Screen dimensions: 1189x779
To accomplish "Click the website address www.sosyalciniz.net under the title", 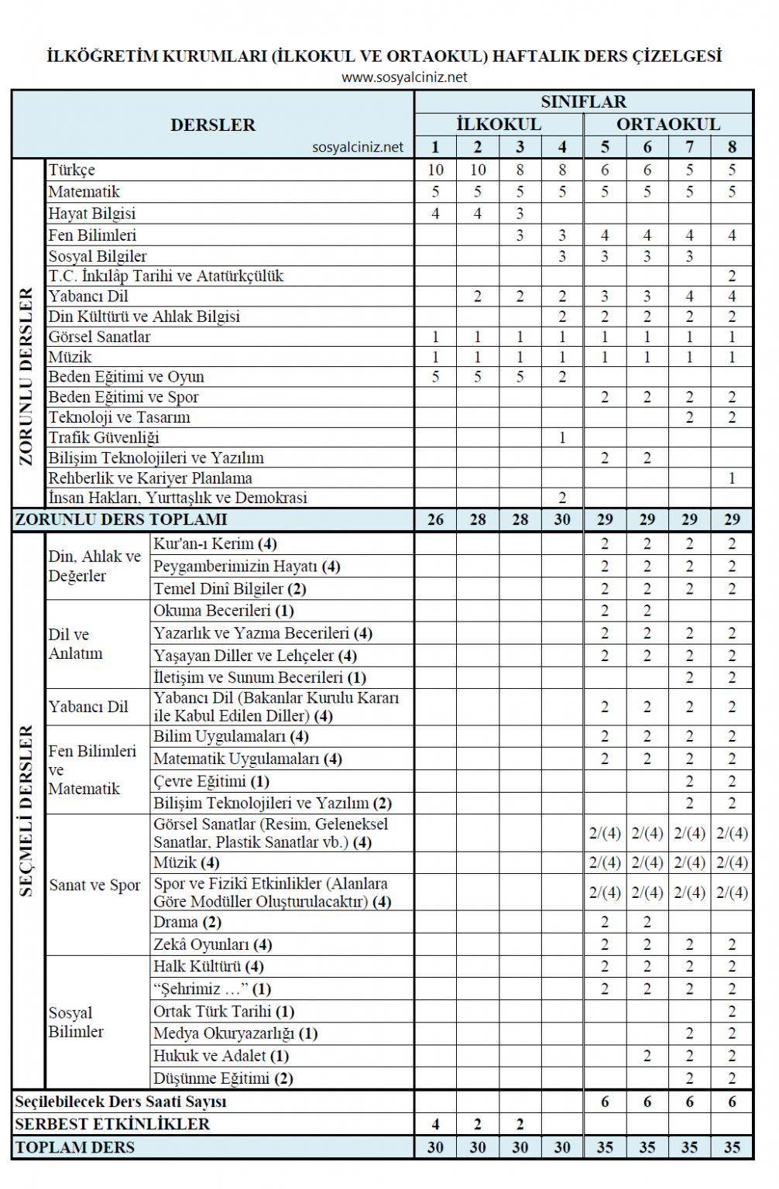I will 404,77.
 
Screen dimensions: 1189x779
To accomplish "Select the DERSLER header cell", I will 213,125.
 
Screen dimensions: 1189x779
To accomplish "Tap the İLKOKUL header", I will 499,125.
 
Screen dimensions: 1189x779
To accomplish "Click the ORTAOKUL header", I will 668,125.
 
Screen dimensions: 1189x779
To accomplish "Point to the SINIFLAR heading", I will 583,102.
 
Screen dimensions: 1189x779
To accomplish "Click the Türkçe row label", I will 72,170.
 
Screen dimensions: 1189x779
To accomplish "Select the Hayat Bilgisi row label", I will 92,214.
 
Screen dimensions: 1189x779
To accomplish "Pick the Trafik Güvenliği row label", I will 104,437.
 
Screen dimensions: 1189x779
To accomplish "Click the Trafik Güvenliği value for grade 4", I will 562,438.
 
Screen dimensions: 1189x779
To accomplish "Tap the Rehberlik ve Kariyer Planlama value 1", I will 732,478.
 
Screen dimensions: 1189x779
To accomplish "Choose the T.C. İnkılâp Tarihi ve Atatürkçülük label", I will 166,276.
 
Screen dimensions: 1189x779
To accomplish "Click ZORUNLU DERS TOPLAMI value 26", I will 435,519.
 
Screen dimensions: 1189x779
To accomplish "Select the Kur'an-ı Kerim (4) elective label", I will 215,544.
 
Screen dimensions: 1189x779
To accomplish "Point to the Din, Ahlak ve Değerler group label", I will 94,566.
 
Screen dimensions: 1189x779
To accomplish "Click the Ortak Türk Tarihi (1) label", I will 224,1012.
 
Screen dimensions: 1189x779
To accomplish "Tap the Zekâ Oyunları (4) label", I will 212,944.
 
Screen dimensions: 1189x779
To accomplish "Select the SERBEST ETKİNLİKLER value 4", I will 435,1124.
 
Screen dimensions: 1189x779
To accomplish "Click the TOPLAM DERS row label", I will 75,1147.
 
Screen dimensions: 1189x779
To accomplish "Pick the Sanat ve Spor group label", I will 95,885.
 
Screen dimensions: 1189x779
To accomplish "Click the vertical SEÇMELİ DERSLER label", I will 26,810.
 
